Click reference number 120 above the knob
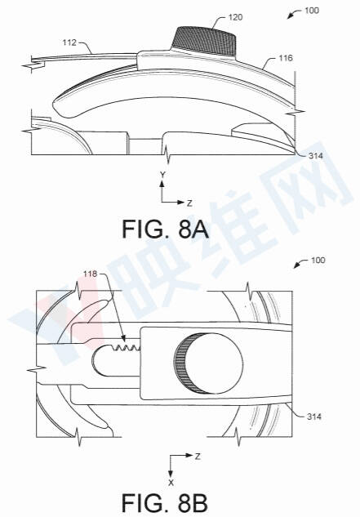click(x=235, y=17)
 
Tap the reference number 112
click(x=69, y=42)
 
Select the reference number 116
click(x=286, y=58)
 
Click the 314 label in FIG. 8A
click(x=315, y=156)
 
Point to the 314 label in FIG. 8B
click(x=314, y=417)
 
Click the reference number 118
click(x=90, y=274)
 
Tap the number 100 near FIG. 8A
click(x=312, y=11)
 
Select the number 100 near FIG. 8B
click(x=318, y=261)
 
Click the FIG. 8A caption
click(x=165, y=230)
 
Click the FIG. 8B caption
click(x=165, y=503)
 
